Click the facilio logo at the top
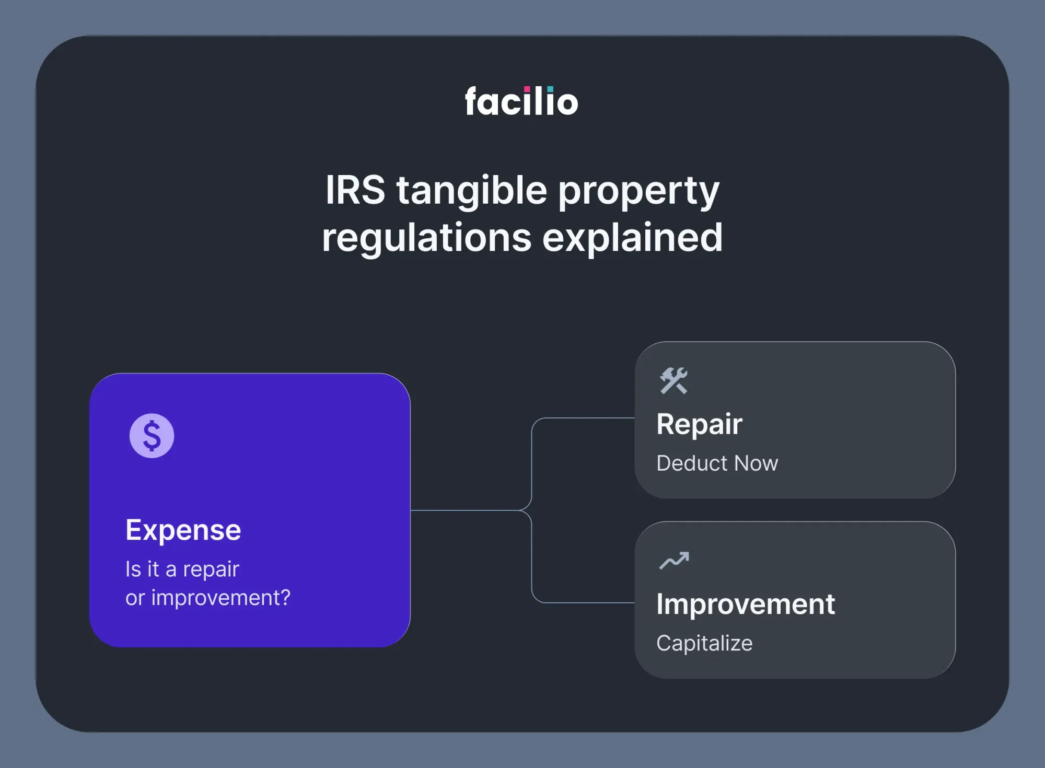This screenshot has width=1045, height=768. pos(521,101)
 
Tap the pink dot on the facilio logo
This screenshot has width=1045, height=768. pos(527,89)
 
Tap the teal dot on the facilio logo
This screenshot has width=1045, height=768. pos(550,89)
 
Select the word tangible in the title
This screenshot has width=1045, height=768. pos(471,191)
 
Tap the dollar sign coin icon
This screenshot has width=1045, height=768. pos(152,436)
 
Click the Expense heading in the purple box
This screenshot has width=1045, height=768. pos(183,530)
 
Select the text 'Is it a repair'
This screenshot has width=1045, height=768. pos(182,569)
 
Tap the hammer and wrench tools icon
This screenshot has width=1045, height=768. pos(673,380)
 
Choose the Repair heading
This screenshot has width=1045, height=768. pos(699,424)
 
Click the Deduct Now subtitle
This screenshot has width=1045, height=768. pos(717,463)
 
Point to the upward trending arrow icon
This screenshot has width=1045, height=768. pos(674,561)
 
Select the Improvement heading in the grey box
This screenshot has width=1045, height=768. pos(746,604)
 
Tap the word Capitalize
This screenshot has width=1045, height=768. pos(704,643)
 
